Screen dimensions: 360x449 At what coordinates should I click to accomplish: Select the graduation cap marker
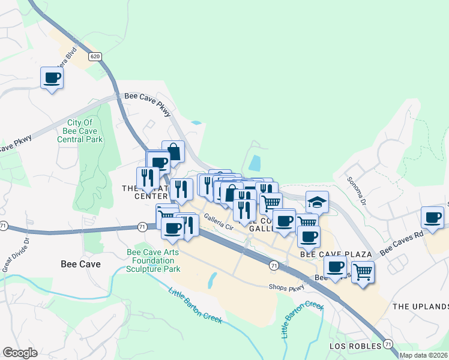point(317,202)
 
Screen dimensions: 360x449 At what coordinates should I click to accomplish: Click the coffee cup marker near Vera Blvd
point(52,77)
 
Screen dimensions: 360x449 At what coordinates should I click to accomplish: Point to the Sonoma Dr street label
point(355,191)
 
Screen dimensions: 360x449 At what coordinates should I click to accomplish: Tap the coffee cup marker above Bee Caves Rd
point(432,217)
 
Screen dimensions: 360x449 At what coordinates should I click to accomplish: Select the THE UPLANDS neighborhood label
point(420,306)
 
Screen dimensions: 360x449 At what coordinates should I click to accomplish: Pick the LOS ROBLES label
point(355,346)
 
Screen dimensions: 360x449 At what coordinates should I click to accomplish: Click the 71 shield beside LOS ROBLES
point(388,344)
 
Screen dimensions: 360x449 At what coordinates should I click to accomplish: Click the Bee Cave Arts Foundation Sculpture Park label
point(154,261)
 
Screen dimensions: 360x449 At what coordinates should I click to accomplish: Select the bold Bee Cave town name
point(81,263)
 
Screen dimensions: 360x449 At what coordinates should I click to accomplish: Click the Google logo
point(20,353)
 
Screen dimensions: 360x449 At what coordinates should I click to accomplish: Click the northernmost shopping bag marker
point(173,152)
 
